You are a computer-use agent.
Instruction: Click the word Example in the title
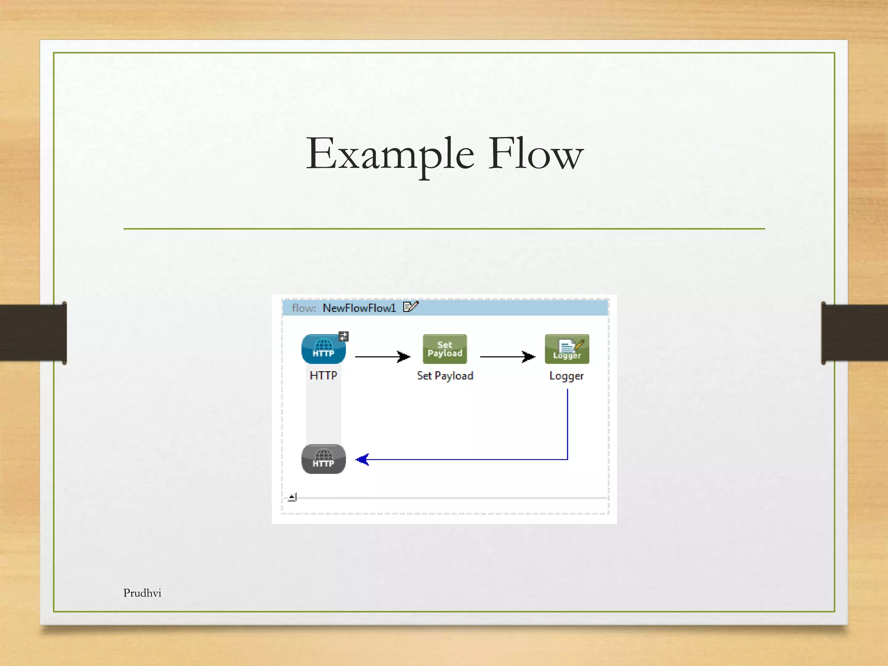[389, 154]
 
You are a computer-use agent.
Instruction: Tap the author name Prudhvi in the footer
[142, 593]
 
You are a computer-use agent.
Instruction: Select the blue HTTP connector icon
[323, 349]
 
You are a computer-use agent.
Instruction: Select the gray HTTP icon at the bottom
[323, 459]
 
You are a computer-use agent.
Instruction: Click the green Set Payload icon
[445, 349]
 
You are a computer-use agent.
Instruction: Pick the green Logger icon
[567, 349]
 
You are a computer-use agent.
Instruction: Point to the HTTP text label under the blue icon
[323, 375]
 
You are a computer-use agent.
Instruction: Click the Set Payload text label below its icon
[445, 376]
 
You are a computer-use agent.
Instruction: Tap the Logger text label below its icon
[566, 376]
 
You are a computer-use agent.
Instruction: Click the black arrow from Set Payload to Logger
[507, 357]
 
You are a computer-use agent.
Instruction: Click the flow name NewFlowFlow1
[359, 308]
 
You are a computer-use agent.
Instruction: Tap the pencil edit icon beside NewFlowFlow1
[411, 307]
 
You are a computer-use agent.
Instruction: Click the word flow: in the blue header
[304, 308]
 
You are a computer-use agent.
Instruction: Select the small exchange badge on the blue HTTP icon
[344, 336]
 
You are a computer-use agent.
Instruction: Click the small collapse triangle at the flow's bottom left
[292, 497]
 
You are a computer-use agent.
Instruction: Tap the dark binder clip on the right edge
[854, 333]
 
